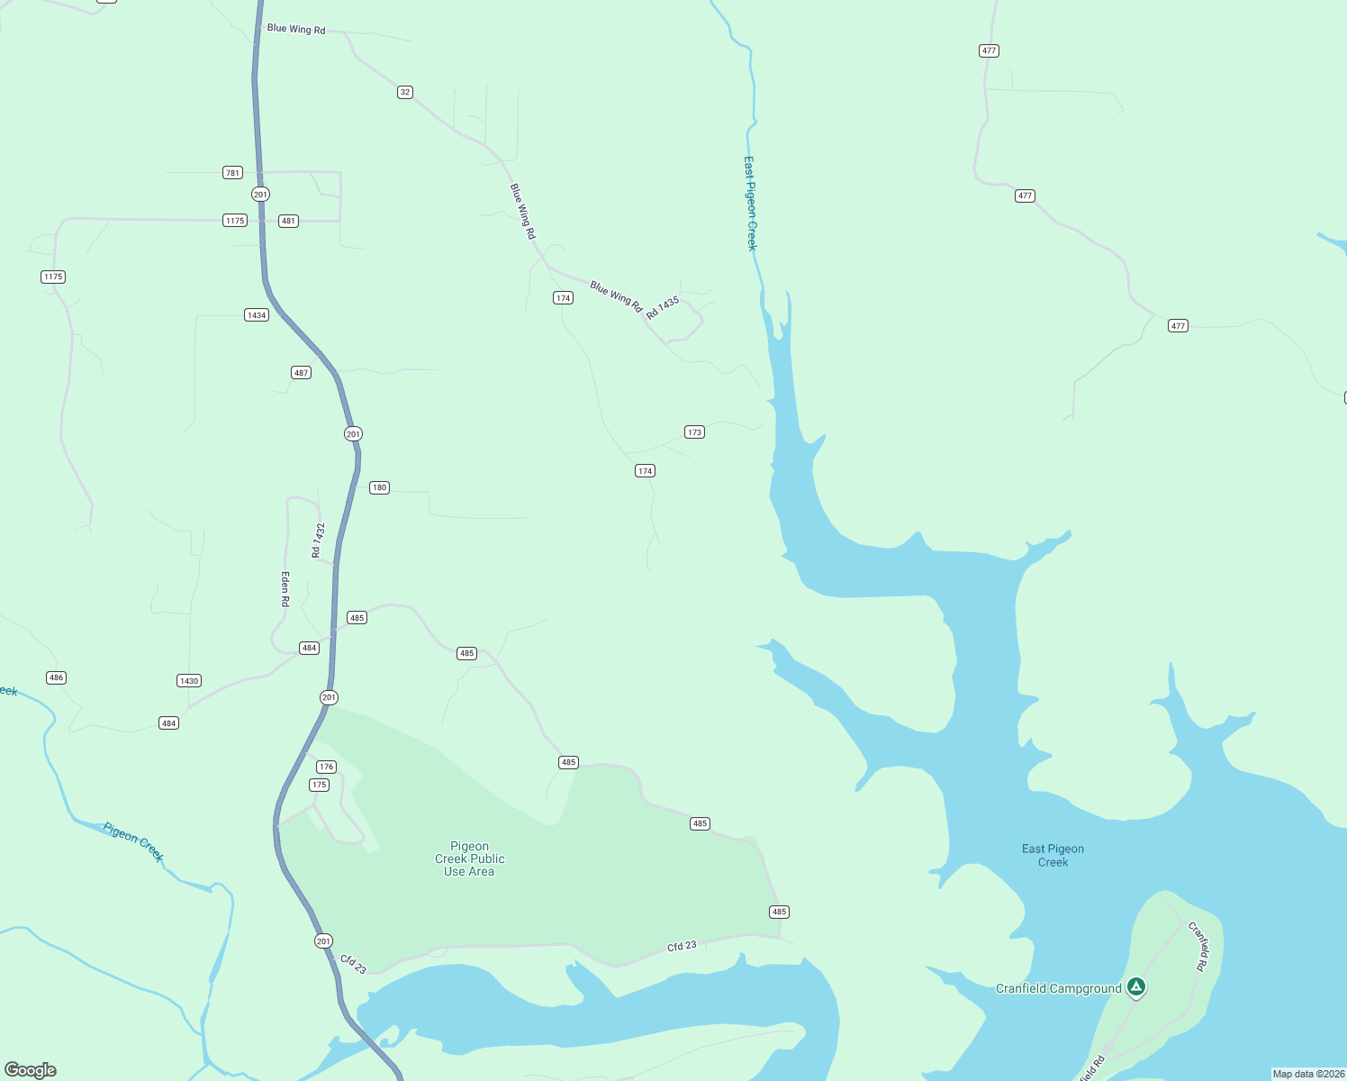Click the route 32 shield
point(405,92)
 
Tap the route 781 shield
point(232,172)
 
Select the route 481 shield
point(288,221)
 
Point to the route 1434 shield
point(257,315)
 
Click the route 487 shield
point(301,373)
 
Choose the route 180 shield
point(379,487)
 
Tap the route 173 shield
point(694,432)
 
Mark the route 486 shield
point(56,677)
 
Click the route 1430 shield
point(189,681)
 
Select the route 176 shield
point(326,767)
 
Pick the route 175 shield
point(319,785)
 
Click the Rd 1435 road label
point(663,307)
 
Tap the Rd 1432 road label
point(317,540)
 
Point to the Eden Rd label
point(285,588)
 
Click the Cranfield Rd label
point(1198,946)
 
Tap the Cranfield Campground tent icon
point(1136,987)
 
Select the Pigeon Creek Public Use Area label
point(469,858)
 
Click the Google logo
point(31,1070)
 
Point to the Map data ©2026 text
point(1307,1074)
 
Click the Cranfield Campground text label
point(1058,988)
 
